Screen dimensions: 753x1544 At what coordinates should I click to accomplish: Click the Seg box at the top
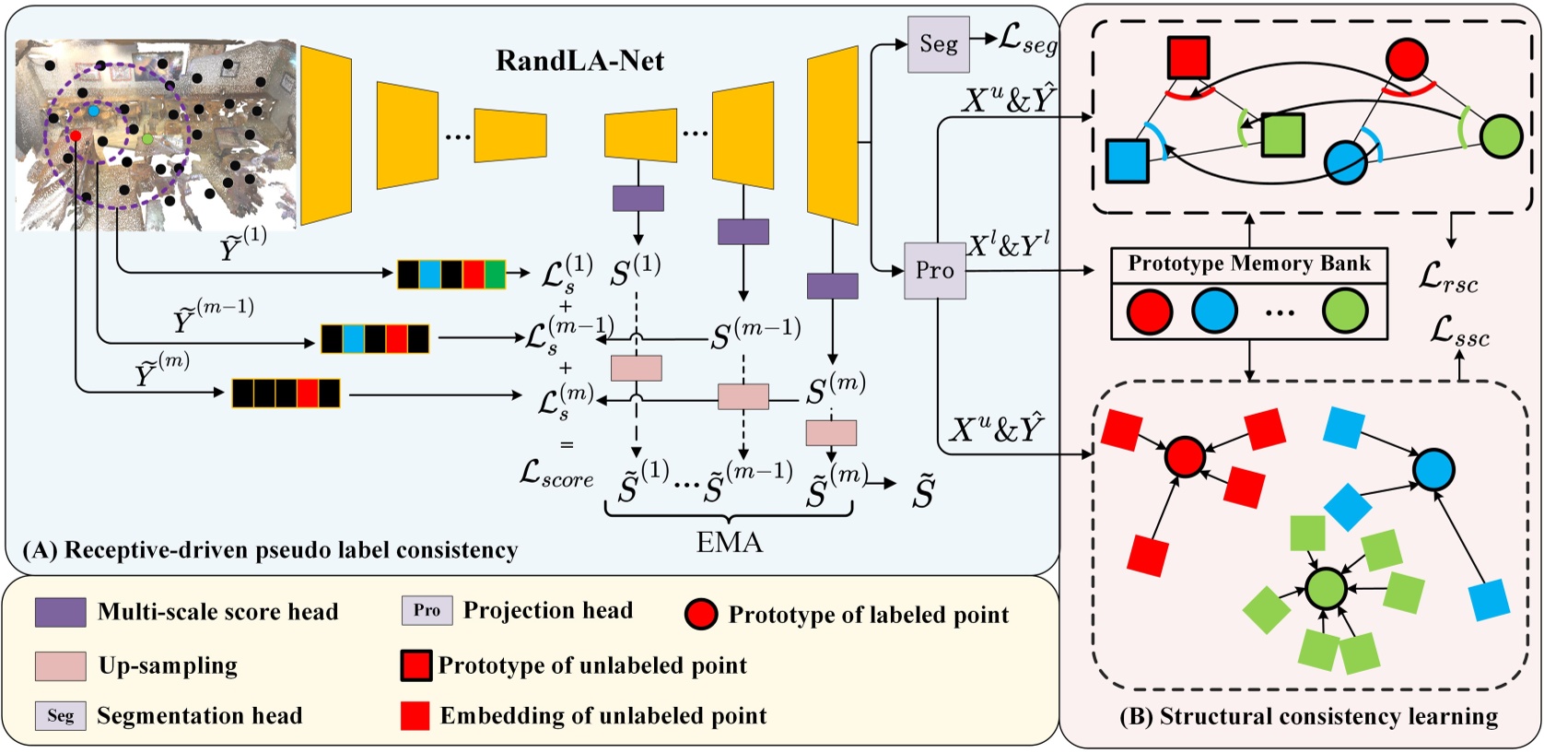tap(938, 44)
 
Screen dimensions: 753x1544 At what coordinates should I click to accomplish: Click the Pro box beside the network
tap(934, 271)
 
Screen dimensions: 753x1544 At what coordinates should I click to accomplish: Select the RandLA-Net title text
tap(579, 61)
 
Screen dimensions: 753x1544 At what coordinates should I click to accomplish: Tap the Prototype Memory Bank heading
tap(1248, 264)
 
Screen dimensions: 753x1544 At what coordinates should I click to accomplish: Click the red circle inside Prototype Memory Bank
tap(1149, 311)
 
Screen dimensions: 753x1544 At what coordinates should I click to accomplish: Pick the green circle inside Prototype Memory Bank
tap(1345, 311)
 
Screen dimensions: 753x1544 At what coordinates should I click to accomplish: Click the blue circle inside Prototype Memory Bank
tap(1214, 311)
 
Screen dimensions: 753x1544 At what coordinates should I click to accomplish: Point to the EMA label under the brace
tap(729, 542)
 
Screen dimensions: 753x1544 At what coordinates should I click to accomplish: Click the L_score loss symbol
tap(556, 474)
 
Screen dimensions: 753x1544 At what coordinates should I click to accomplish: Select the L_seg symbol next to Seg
tap(1028, 41)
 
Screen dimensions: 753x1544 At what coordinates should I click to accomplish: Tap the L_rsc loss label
tap(1448, 276)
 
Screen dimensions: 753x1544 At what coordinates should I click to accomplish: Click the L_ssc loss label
tap(1459, 331)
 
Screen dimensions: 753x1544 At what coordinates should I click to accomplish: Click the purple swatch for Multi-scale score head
tap(61, 612)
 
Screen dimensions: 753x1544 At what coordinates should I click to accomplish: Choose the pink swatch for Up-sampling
tap(61, 665)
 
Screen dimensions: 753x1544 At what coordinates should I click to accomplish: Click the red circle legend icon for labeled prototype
tap(701, 614)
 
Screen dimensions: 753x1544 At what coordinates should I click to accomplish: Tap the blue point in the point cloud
tap(93, 111)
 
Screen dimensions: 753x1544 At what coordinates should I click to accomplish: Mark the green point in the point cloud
tap(147, 139)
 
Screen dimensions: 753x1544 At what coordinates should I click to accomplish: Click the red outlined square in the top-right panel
tap(1187, 57)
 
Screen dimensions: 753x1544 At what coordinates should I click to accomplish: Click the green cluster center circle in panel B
tap(1327, 588)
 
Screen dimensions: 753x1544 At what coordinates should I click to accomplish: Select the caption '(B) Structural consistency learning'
tap(1308, 717)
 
